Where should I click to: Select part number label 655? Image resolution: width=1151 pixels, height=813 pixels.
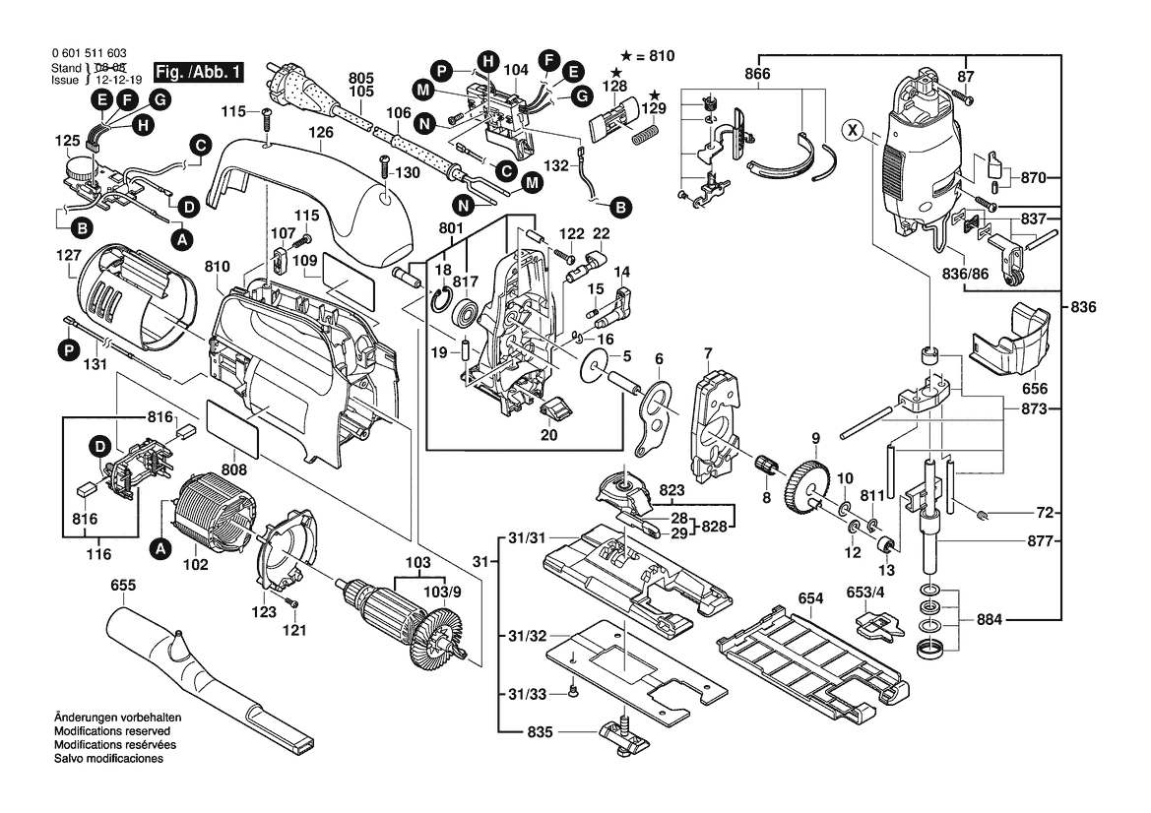[x=123, y=587]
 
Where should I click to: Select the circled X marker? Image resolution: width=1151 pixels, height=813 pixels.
[x=854, y=129]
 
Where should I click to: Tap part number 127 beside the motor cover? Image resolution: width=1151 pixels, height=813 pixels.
[x=67, y=254]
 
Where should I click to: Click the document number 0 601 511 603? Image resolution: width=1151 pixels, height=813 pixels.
[x=87, y=55]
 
